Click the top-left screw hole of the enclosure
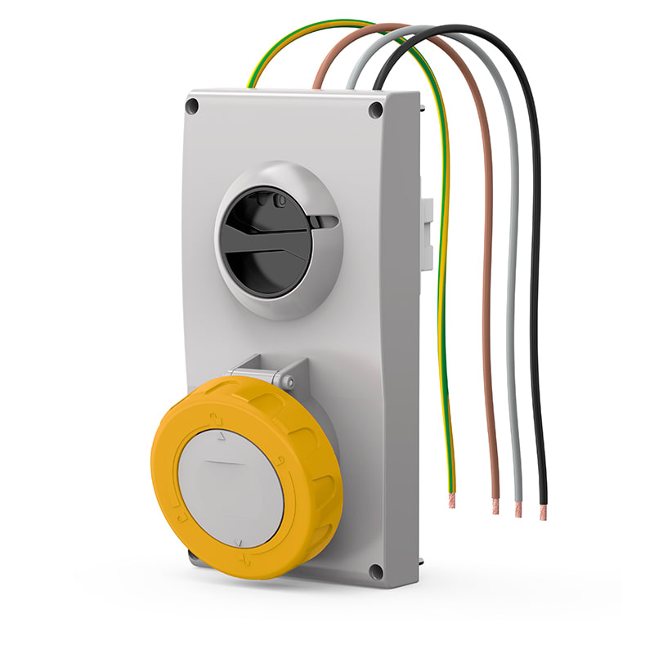click(192, 105)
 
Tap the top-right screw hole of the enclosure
click(375, 110)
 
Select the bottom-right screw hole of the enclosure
click(375, 571)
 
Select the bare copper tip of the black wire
click(542, 512)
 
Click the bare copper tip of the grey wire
click(517, 508)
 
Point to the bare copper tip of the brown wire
click(495, 506)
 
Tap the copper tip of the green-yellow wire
click(451, 499)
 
